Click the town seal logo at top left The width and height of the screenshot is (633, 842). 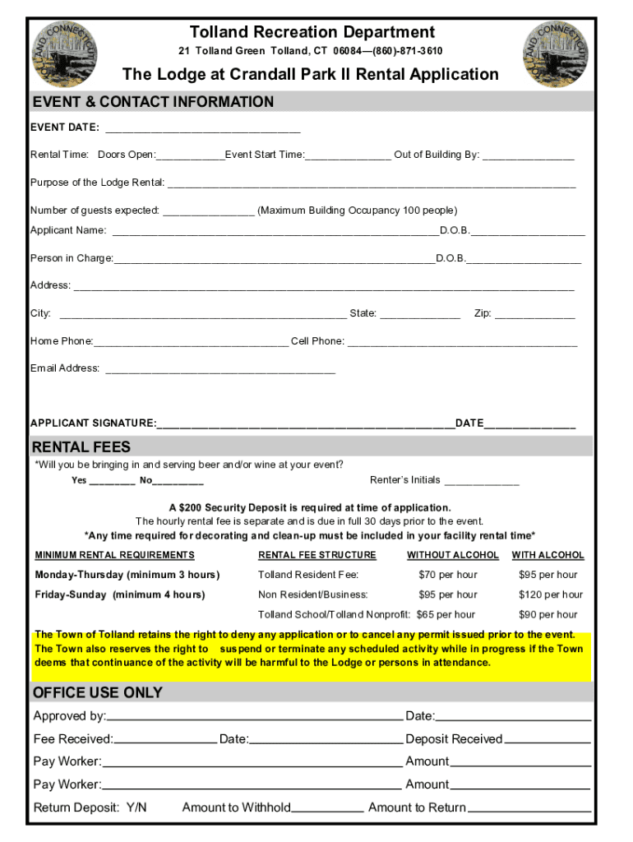click(x=67, y=52)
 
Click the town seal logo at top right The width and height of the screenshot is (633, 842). click(x=557, y=52)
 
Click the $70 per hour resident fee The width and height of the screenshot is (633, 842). click(x=447, y=575)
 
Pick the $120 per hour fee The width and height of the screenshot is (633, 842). click(x=550, y=594)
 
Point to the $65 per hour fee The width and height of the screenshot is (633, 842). click(x=446, y=614)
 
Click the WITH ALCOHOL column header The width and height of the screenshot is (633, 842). click(x=548, y=555)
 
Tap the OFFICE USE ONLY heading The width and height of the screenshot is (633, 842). click(x=97, y=692)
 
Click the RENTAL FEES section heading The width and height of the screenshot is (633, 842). click(x=81, y=447)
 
